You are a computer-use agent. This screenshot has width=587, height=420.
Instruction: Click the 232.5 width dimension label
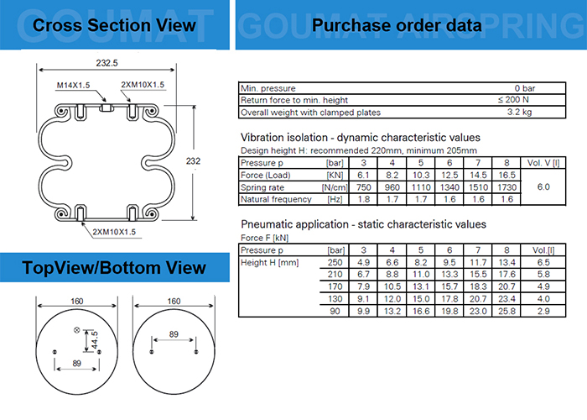pyautogui.click(x=106, y=63)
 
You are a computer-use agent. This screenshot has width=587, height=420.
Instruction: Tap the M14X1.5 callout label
pyautogui.click(x=74, y=85)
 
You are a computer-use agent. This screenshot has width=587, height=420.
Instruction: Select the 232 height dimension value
pyautogui.click(x=193, y=161)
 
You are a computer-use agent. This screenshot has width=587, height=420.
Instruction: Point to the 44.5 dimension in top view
pyautogui.click(x=95, y=340)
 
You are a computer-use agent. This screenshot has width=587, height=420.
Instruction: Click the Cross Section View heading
pyautogui.click(x=114, y=25)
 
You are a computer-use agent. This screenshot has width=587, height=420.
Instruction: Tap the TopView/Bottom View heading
pyautogui.click(x=114, y=268)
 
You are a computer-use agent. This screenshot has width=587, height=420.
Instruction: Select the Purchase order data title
pyautogui.click(x=397, y=25)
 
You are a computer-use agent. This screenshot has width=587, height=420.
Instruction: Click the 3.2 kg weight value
pyautogui.click(x=519, y=112)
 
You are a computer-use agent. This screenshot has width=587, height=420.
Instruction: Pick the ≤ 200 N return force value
pyautogui.click(x=513, y=99)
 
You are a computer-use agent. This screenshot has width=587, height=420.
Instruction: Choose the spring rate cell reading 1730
pyautogui.click(x=506, y=187)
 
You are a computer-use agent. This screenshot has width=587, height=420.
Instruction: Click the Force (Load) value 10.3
pyautogui.click(x=421, y=175)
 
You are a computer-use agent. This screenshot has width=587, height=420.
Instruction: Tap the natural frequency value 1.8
pyautogui.click(x=363, y=199)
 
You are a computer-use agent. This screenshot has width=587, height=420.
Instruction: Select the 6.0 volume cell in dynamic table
pyautogui.click(x=543, y=186)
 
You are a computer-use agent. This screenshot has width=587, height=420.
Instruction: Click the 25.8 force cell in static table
pyautogui.click(x=506, y=311)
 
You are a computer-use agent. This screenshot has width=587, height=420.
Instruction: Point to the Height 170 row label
pyautogui.click(x=335, y=286)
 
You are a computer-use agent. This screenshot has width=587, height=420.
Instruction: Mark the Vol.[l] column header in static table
pyautogui.click(x=543, y=250)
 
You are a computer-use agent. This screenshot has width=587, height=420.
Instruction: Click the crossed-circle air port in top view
pyautogui.click(x=77, y=330)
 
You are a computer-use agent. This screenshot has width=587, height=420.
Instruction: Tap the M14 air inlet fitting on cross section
pyautogui.click(x=106, y=108)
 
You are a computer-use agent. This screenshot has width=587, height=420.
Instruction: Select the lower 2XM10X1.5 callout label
pyautogui.click(x=114, y=232)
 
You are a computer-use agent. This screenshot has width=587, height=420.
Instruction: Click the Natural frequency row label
pyautogui.click(x=276, y=199)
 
